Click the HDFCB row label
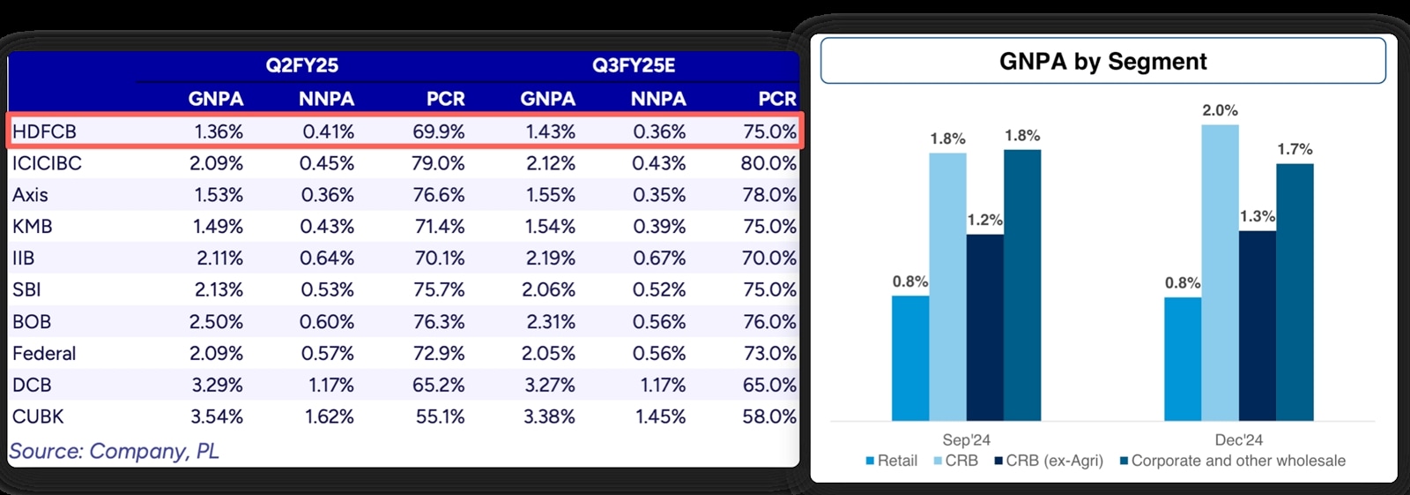(x=45, y=132)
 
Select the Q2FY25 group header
(x=302, y=65)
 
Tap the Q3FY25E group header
(x=634, y=65)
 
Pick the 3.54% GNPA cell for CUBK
(x=216, y=416)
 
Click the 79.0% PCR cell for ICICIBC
(x=438, y=163)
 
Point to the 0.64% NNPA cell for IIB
(x=327, y=259)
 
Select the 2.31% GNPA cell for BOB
(x=550, y=322)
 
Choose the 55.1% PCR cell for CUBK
(x=440, y=416)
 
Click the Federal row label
(x=44, y=354)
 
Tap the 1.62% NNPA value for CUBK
(x=329, y=416)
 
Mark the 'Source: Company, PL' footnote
(x=114, y=451)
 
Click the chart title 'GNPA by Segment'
(x=1102, y=62)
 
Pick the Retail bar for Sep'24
(x=910, y=357)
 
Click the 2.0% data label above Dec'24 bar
(x=1220, y=110)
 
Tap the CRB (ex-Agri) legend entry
(x=1049, y=461)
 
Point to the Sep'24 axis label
(x=966, y=439)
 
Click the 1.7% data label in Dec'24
(x=1295, y=149)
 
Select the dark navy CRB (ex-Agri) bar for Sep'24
(x=984, y=326)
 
